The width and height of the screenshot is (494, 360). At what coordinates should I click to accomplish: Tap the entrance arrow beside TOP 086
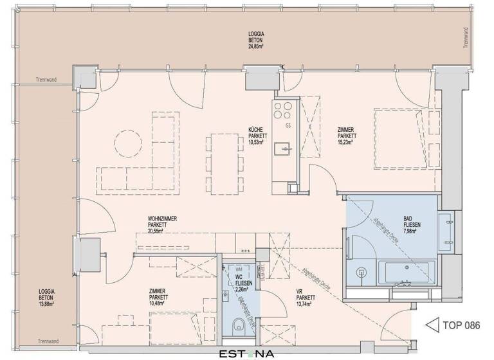433,325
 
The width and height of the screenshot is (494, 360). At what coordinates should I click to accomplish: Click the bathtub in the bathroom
407,272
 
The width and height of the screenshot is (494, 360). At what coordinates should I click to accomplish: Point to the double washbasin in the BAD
447,232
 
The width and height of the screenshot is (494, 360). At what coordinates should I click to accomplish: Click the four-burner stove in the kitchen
282,110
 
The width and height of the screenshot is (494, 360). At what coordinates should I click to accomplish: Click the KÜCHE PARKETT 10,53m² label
256,136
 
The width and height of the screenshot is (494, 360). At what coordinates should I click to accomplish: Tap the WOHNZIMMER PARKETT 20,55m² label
162,225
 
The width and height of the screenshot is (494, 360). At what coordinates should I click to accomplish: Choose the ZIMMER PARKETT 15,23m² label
347,136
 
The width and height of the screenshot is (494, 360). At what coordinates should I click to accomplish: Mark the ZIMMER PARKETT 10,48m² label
158,297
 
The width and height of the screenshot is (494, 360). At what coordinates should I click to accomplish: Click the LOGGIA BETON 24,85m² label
259,39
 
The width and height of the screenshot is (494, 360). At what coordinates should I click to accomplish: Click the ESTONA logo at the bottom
248,353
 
